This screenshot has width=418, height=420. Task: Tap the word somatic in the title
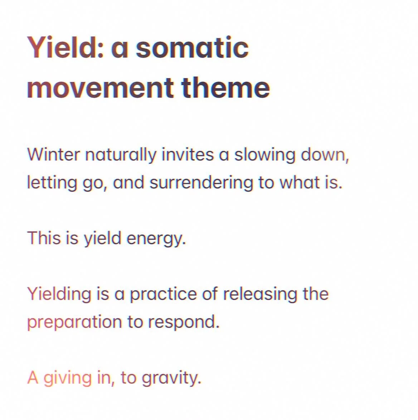tap(192, 47)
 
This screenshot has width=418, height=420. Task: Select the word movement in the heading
tap(101, 87)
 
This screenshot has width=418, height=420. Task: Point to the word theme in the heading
tap(225, 87)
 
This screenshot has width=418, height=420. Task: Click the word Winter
tap(53, 155)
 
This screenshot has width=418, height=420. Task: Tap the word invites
tap(188, 155)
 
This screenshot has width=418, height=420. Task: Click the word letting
tap(52, 183)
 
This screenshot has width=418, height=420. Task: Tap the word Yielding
tap(59, 294)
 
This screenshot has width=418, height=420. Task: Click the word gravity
tap(171, 378)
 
